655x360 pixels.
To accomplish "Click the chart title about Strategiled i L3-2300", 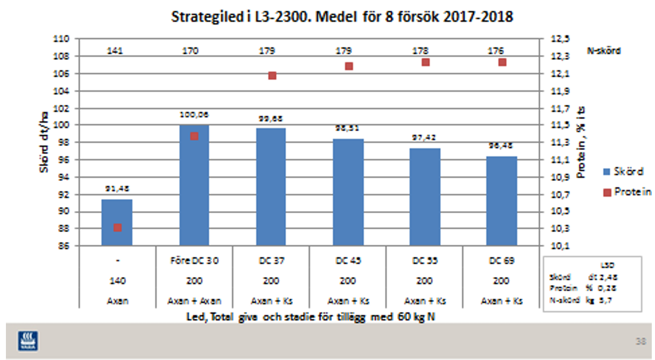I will point(342,17).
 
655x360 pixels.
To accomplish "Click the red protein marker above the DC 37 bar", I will point(272,75).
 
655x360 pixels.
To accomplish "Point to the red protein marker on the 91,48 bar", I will point(117,228).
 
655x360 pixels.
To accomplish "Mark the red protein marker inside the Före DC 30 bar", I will point(194,136).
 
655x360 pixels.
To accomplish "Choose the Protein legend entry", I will point(627,193).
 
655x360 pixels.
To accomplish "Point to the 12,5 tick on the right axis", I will point(558,39).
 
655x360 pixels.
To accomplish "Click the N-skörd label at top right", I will point(603,51).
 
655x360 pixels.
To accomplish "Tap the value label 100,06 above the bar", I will point(195,115).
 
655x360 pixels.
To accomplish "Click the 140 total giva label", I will point(117,281).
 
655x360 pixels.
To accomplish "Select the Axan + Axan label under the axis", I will point(194,301).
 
